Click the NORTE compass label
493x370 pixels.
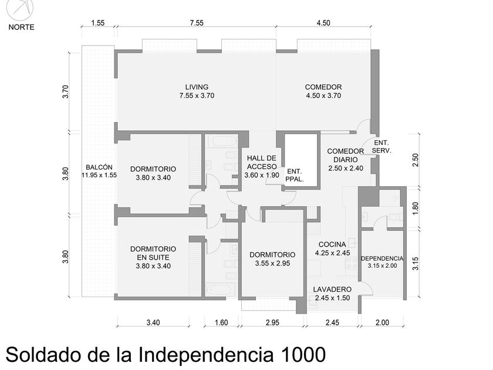click(21, 27)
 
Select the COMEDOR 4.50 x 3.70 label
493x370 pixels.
click(323, 91)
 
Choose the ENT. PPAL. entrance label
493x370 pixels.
click(295, 176)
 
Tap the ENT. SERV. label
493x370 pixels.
click(381, 147)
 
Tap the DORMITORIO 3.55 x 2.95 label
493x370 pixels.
click(272, 259)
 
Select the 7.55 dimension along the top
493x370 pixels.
click(197, 23)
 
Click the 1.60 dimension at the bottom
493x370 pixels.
click(221, 322)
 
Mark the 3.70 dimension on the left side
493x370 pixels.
click(65, 92)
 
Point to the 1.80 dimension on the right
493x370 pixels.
click(416, 208)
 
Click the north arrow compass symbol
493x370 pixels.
click(20, 9)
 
